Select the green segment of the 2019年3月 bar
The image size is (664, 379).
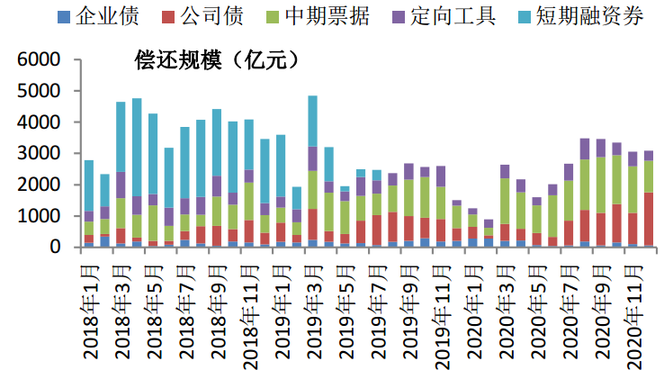click(x=313, y=190)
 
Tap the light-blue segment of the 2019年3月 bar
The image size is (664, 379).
click(x=313, y=121)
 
